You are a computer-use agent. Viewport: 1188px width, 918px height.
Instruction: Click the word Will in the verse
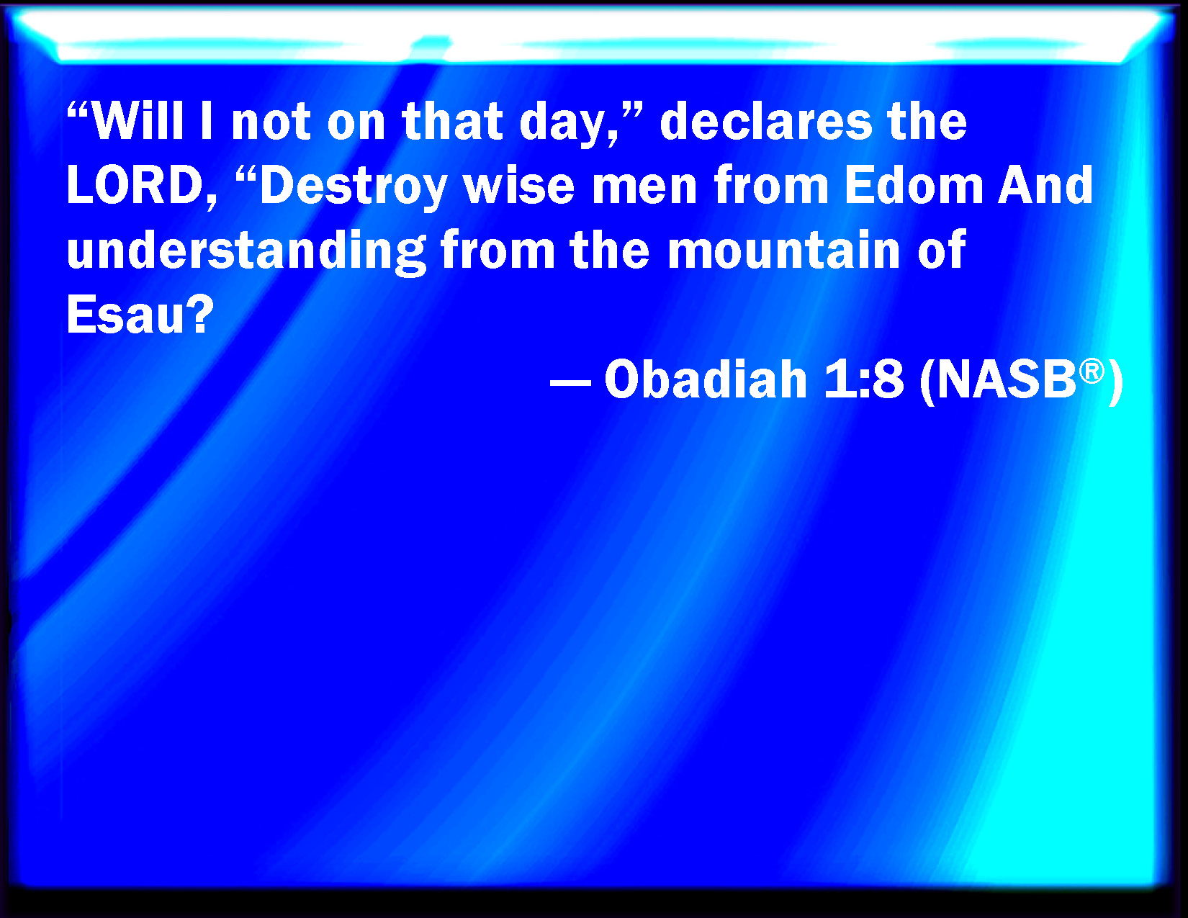pyautogui.click(x=138, y=121)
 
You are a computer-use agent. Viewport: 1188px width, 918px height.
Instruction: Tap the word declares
pyautogui.click(x=766, y=121)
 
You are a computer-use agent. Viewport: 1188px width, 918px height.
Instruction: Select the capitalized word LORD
pyautogui.click(x=135, y=186)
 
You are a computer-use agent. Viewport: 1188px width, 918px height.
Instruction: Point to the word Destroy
pyautogui.click(x=354, y=188)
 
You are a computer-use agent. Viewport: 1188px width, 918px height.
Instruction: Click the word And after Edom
pyautogui.click(x=1045, y=186)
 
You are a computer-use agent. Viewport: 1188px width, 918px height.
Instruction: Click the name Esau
pyautogui.click(x=124, y=315)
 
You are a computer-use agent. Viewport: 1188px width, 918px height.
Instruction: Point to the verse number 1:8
pyautogui.click(x=863, y=380)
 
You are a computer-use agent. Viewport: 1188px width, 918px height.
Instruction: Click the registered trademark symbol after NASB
pyautogui.click(x=1092, y=372)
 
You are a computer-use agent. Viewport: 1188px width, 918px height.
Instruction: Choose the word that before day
pyautogui.click(x=453, y=121)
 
